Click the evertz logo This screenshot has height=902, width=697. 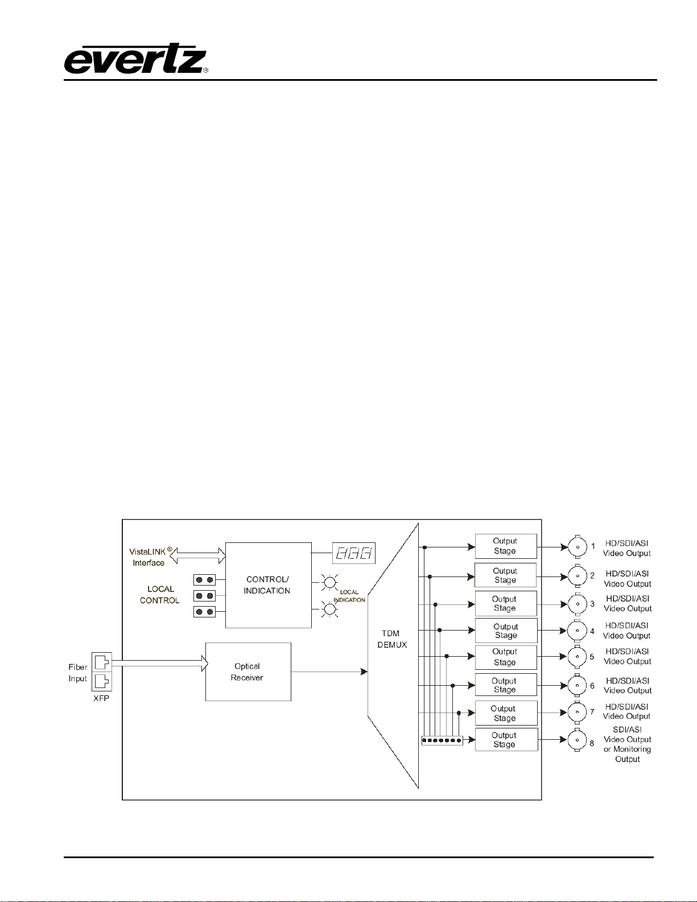tap(135, 59)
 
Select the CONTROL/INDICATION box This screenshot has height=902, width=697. tap(268, 585)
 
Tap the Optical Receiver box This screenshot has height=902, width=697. tap(248, 672)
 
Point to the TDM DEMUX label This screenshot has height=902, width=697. tap(391, 639)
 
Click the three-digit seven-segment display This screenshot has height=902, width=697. tap(353, 553)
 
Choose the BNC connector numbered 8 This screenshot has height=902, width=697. tap(577, 740)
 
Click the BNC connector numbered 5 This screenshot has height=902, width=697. tap(577, 657)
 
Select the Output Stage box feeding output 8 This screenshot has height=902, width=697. tap(506, 740)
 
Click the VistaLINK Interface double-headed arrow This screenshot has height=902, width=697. tap(197, 556)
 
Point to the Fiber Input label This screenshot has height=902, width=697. tap(78, 673)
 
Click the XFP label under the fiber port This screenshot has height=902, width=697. tap(101, 698)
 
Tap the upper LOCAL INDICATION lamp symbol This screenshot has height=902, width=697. tap(329, 582)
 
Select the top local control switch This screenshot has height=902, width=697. tap(204, 580)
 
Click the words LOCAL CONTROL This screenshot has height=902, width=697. tap(160, 595)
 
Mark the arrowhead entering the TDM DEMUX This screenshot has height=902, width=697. tap(364, 672)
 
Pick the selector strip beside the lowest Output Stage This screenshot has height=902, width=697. tap(442, 740)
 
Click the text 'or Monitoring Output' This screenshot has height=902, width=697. tap(628, 754)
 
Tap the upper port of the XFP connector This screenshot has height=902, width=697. tap(102, 662)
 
